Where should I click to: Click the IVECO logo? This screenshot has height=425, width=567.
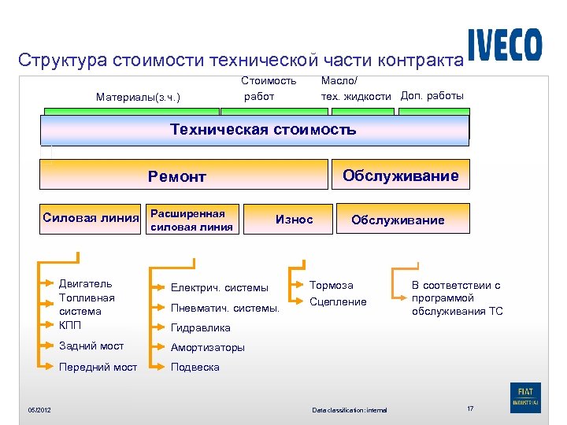[504, 45]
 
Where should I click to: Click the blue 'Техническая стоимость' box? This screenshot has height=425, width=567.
[254, 130]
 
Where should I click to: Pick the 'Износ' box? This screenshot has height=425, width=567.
[294, 220]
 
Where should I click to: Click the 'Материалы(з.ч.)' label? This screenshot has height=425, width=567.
[138, 98]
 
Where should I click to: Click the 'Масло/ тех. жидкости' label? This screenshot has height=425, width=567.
[355, 88]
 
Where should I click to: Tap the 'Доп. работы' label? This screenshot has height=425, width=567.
[432, 96]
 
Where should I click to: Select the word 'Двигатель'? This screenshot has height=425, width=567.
[85, 283]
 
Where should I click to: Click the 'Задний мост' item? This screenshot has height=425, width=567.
[91, 346]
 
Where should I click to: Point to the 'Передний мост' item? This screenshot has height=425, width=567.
[98, 367]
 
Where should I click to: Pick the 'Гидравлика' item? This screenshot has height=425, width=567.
[201, 327]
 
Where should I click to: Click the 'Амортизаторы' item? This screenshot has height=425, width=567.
[208, 347]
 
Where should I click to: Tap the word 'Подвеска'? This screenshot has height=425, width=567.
[195, 367]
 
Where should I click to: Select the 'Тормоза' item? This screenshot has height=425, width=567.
[332, 285]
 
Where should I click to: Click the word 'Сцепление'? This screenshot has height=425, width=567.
[338, 301]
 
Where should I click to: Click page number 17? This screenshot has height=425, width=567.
[470, 408]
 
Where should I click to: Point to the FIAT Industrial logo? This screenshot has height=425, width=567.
[525, 396]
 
